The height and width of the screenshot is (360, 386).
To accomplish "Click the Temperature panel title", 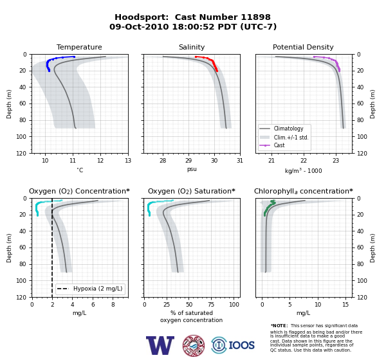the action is click(x=79, y=47).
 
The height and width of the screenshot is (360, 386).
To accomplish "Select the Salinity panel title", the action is click(x=192, y=47).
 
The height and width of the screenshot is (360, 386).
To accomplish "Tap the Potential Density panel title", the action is click(x=303, y=47).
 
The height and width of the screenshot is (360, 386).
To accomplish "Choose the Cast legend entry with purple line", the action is click(x=272, y=145).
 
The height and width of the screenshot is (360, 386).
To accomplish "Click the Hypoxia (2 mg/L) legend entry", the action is click(x=90, y=289).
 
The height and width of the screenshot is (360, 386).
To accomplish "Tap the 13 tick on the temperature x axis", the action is click(x=128, y=161).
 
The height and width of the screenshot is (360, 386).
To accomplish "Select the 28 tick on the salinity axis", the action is click(x=163, y=161).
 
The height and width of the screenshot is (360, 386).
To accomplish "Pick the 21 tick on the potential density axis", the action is click(x=271, y=161).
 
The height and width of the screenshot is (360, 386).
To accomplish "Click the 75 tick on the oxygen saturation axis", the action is click(x=211, y=305).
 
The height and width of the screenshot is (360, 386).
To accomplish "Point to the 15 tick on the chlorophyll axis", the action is click(x=345, y=305).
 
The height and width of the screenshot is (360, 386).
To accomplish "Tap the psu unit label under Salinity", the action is click(x=192, y=169).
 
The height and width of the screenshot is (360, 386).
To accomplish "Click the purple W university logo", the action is click(x=160, y=345).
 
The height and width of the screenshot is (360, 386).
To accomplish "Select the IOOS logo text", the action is click(x=241, y=345).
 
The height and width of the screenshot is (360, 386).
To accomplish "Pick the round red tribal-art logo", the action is click(x=194, y=345).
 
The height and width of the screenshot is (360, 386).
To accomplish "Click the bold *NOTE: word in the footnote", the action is click(x=279, y=325).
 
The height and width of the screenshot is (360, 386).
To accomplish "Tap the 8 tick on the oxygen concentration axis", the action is click(x=113, y=305).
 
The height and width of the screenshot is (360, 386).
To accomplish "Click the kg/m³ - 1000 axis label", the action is click(x=303, y=170).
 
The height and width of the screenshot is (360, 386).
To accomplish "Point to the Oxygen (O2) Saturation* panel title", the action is click(x=192, y=191).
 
